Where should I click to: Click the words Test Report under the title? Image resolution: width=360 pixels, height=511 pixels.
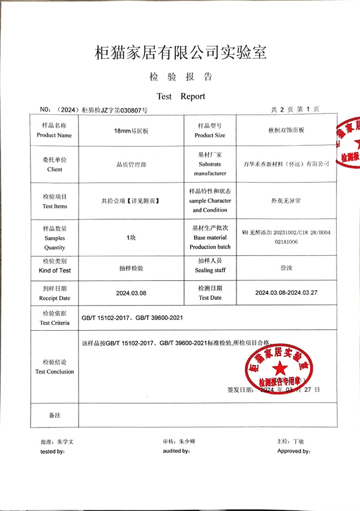181,96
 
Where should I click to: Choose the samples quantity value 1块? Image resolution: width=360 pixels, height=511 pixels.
131,238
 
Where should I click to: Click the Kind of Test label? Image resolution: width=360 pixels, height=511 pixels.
55,271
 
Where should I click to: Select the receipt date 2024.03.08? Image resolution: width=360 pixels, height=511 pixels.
131,294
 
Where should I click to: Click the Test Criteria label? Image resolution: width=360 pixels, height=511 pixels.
55,323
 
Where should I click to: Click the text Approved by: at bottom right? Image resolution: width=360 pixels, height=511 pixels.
293,451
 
